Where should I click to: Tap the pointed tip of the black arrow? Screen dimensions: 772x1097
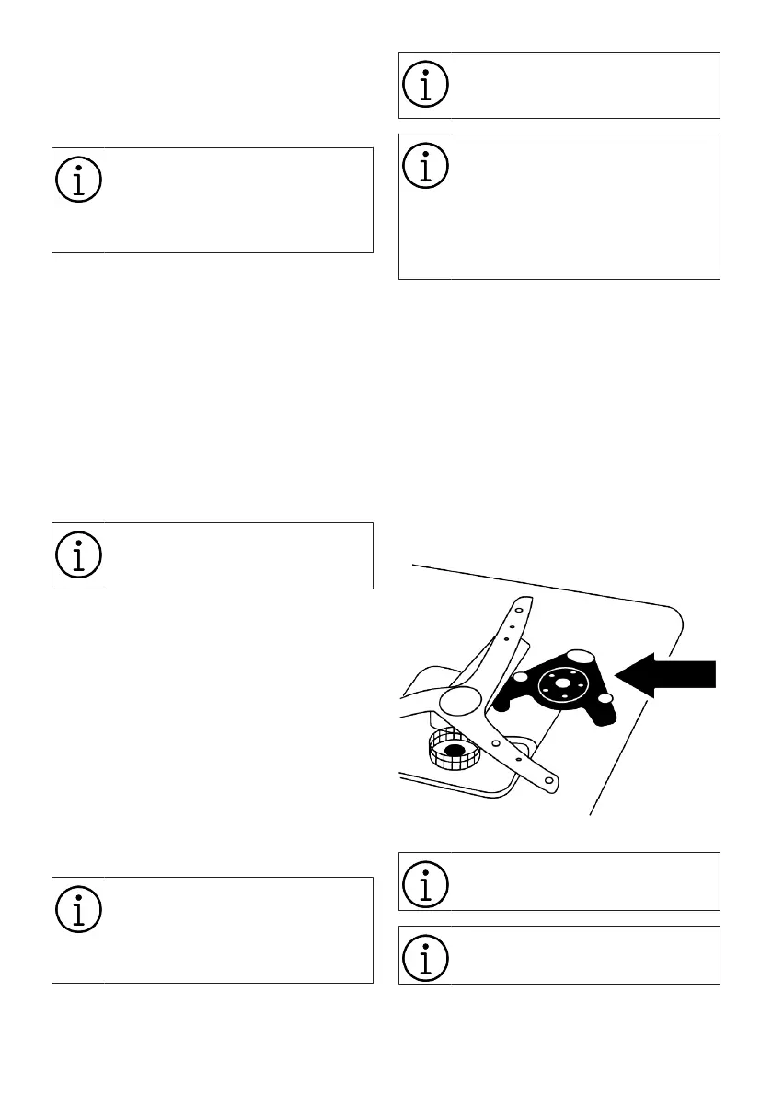[x=616, y=676]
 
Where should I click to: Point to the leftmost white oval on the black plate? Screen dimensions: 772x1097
[x=520, y=677]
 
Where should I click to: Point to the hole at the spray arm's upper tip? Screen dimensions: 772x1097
[x=518, y=610]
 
